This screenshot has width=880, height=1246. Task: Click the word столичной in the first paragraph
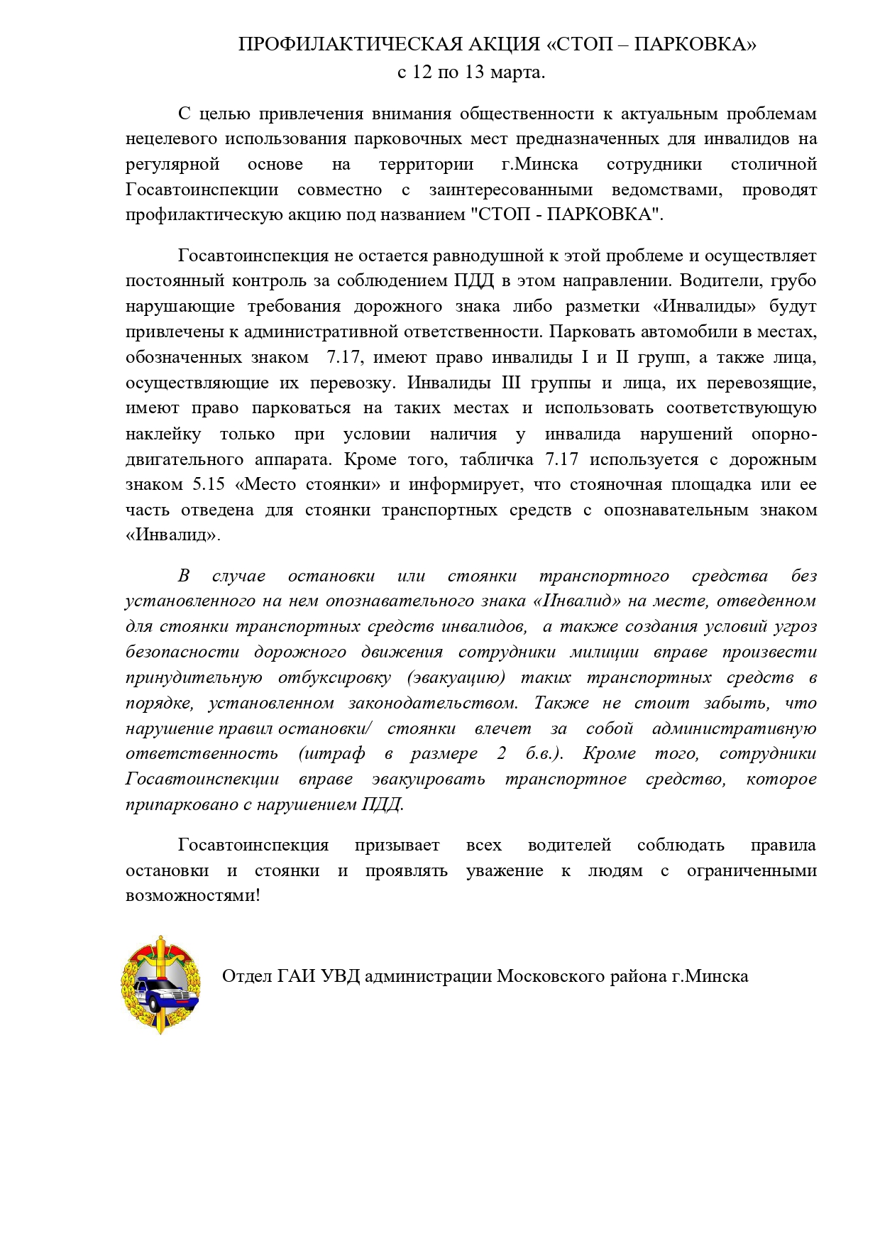[774, 165]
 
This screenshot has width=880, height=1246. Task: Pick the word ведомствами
[667, 190]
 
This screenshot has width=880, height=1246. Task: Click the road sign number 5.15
[209, 485]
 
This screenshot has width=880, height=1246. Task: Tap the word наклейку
[163, 434]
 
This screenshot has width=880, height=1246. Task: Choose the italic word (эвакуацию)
[456, 677]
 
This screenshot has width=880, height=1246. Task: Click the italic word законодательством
[433, 703]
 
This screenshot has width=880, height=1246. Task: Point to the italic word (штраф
[332, 753]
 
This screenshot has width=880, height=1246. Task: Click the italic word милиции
[604, 652]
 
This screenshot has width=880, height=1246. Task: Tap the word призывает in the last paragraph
[397, 845]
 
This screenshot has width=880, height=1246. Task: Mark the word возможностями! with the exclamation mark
[193, 896]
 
